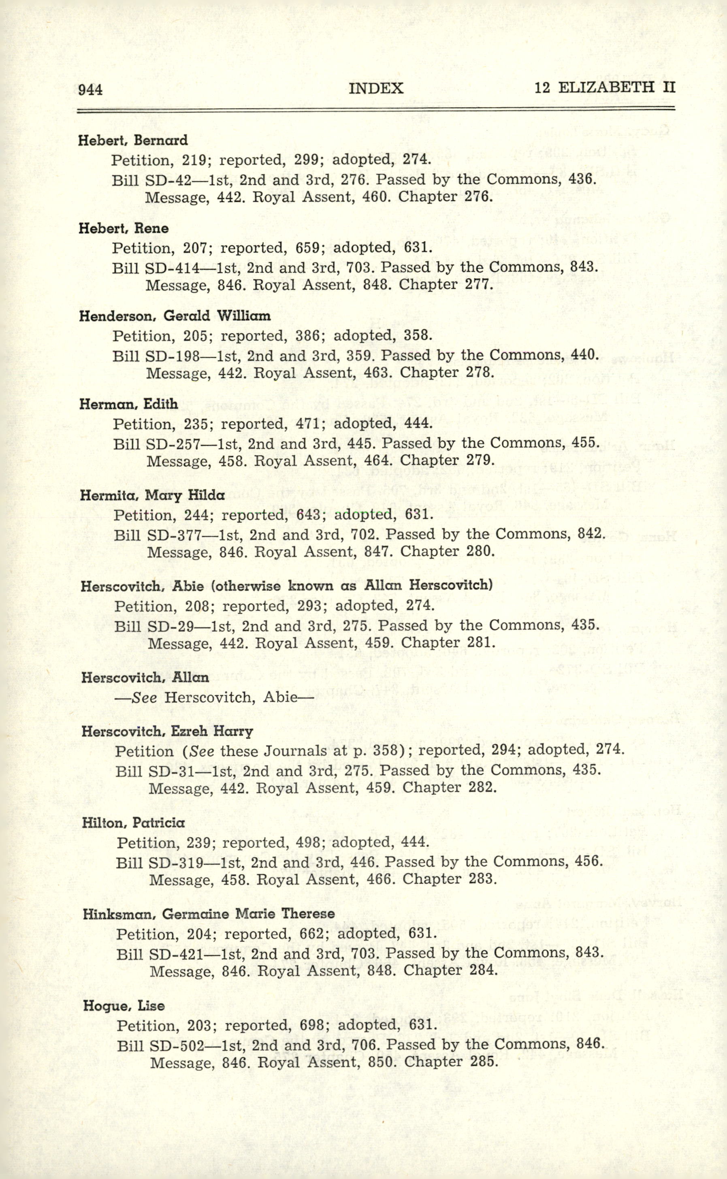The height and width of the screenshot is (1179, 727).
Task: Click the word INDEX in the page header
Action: tap(375, 88)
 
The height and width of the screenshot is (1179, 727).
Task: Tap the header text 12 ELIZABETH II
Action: tap(604, 87)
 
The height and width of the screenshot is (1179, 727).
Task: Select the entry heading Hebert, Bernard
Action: tap(133, 141)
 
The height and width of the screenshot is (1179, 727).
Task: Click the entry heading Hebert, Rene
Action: tap(124, 228)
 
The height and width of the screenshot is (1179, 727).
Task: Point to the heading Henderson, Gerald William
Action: tap(175, 316)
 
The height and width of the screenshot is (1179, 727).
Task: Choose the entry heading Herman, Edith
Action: tap(129, 404)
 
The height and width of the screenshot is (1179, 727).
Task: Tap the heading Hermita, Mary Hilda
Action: tap(152, 495)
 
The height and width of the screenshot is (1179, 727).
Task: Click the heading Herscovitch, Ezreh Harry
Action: tap(167, 732)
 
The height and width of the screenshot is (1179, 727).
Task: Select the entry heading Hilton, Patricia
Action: tap(133, 823)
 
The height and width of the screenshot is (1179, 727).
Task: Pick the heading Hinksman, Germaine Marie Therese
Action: tap(208, 914)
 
